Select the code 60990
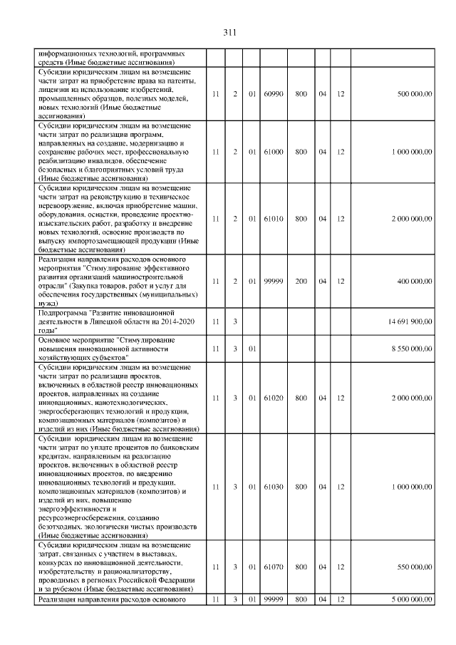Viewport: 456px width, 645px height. pyautogui.click(x=273, y=93)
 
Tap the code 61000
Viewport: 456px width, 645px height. pyautogui.click(x=273, y=151)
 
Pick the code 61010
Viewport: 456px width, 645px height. pyautogui.click(x=273, y=219)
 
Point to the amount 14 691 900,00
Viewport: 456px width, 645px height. pyautogui.click(x=410, y=321)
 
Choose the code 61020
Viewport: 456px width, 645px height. pyautogui.click(x=273, y=398)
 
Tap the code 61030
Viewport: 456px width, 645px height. pyautogui.click(x=273, y=486)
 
